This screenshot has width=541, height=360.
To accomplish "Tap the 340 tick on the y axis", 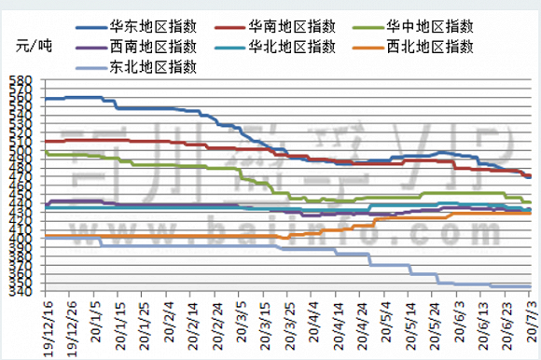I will (21, 291).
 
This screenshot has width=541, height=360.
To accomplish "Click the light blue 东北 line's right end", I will (531, 286).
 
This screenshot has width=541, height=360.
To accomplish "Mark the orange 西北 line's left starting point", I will (45, 237).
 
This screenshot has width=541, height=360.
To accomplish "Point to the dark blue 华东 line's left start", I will (45, 98).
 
